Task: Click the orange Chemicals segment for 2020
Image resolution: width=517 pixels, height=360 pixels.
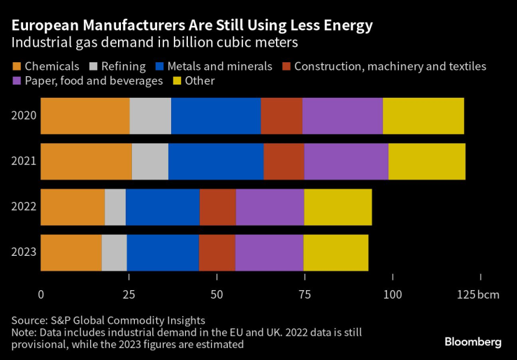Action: point(85,116)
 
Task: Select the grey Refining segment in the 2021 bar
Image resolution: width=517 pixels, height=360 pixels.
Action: point(150,161)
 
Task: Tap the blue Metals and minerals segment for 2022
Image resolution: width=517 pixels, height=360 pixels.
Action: point(162,207)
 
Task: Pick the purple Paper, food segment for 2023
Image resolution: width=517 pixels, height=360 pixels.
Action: point(269,252)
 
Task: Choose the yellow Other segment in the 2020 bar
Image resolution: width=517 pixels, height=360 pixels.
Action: point(423,116)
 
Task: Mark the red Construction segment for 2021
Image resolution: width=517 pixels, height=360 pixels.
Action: point(284,161)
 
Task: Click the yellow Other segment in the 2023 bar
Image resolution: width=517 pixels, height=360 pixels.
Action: point(335,252)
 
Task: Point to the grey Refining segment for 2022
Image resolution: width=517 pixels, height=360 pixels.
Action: point(115,207)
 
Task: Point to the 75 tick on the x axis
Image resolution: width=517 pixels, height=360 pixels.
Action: point(305,294)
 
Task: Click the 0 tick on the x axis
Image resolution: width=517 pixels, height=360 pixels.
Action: point(41,294)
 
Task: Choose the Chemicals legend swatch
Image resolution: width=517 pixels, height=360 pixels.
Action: point(16,67)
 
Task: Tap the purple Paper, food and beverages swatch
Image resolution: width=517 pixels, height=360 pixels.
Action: point(16,81)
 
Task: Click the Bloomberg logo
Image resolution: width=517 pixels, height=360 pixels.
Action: point(473,342)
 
